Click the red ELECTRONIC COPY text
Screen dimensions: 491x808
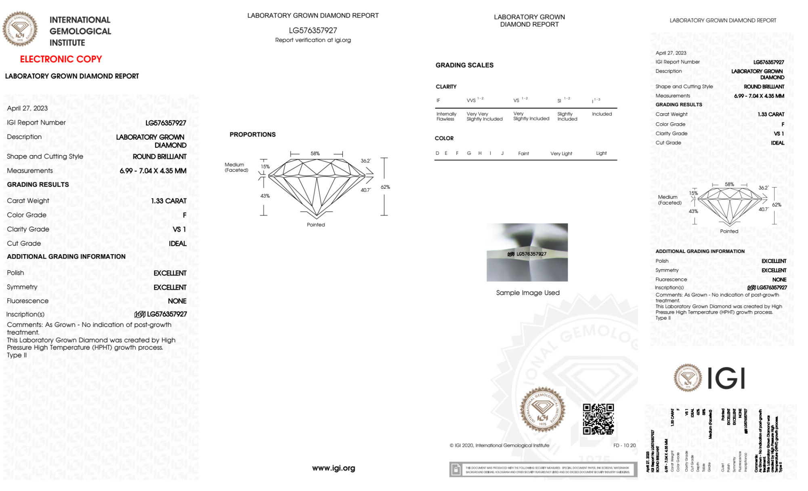point(61,59)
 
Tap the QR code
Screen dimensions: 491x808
point(598,419)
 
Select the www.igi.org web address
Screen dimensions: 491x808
point(334,468)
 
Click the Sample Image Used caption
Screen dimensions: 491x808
point(528,293)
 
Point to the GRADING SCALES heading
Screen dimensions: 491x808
point(464,65)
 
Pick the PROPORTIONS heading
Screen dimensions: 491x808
point(252,135)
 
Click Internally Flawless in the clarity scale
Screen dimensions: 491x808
point(446,116)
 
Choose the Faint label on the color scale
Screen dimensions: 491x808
point(523,154)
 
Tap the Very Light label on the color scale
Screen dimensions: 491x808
point(561,154)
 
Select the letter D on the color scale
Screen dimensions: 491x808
point(437,153)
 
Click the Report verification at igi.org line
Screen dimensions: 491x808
point(313,40)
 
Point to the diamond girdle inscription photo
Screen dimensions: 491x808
point(527,252)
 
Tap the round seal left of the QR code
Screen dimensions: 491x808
point(542,410)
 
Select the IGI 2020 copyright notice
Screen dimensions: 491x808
point(499,445)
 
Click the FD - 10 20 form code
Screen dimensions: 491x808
point(624,445)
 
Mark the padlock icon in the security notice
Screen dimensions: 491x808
point(456,470)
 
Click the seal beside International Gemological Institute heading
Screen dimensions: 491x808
point(20,29)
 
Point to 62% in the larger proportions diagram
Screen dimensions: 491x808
point(385,187)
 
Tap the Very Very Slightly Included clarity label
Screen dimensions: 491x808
point(484,116)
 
